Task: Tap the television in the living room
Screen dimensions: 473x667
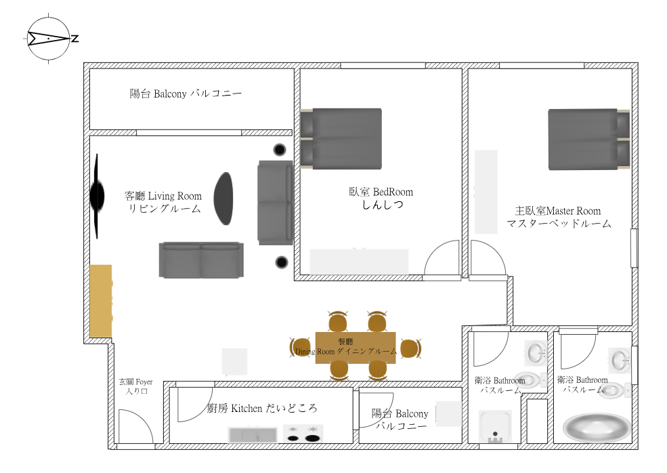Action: pos(98,197)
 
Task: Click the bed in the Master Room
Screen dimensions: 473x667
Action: pos(588,138)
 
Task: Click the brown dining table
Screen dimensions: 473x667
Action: pos(356,348)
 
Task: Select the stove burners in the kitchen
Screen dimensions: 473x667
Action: pos(302,434)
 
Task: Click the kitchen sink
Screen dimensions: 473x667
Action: pos(253,434)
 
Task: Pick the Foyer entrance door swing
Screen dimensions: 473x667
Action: pos(133,427)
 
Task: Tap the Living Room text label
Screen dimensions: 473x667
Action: pos(164,203)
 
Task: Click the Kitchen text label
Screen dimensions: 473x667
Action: pos(261,408)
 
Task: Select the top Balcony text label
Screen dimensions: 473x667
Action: pos(186,94)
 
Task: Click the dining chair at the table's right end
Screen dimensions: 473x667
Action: pos(410,348)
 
